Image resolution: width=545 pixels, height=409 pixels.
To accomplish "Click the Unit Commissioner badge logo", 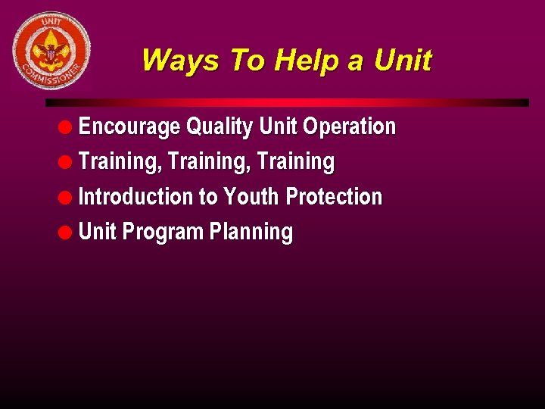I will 51,51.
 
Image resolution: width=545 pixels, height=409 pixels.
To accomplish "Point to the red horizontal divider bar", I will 287,102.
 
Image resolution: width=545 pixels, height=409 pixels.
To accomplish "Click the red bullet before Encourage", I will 67,126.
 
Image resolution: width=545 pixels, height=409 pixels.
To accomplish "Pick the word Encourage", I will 129,126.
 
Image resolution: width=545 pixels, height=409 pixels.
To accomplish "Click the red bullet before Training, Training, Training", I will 67,162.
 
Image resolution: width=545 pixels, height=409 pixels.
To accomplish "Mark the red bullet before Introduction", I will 67,198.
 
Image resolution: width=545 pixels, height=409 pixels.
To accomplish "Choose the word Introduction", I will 136,197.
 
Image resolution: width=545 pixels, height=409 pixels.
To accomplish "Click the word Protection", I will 334,197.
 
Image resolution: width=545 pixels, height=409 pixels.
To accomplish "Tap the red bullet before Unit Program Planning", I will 67,233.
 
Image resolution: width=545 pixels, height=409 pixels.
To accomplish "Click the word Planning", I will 251,233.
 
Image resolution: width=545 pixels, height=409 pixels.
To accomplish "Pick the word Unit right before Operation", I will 278,126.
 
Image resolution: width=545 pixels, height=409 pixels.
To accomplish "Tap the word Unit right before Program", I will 98,232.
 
